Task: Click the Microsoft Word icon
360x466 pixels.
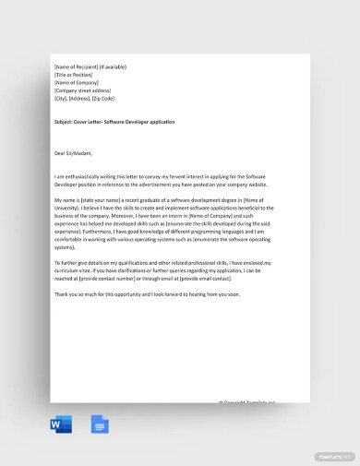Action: (x=61, y=424)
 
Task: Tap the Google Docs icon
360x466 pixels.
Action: (x=99, y=424)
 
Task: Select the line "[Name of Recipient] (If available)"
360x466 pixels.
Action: (x=90, y=67)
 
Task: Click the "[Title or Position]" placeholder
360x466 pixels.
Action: (x=76, y=75)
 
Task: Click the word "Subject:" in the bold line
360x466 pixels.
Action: (x=66, y=121)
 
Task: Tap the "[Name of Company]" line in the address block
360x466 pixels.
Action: (x=78, y=83)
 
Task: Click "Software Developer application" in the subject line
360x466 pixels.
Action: (x=148, y=121)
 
